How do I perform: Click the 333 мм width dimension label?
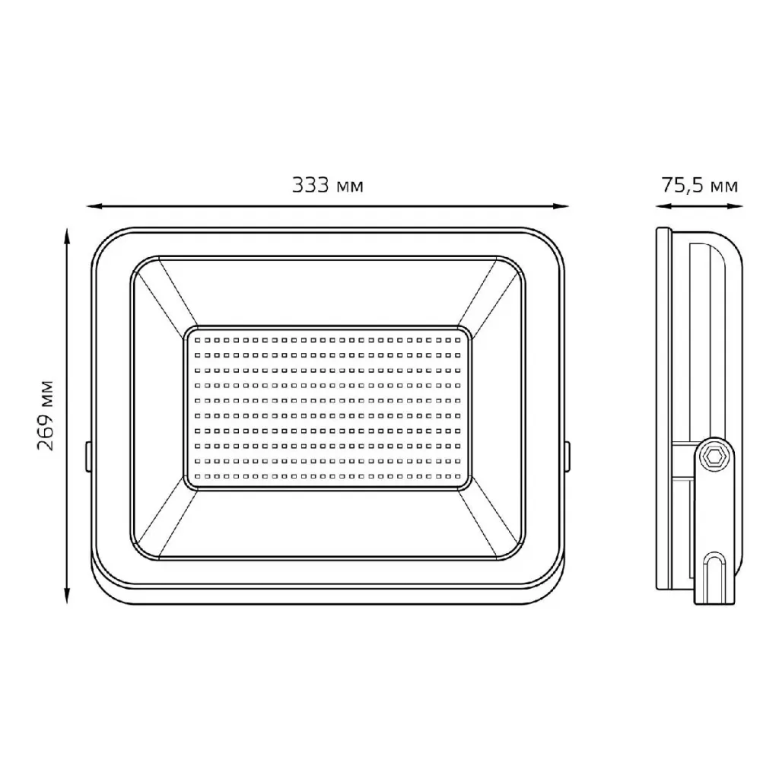[327, 186]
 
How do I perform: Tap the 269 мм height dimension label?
[45, 416]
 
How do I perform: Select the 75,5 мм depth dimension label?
[700, 186]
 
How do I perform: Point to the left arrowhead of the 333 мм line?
[94, 205]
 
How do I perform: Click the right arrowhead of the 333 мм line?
[561, 205]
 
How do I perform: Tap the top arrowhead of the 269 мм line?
[67, 237]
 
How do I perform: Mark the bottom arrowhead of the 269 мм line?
[67, 596]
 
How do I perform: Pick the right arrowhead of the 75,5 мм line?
[736, 205]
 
